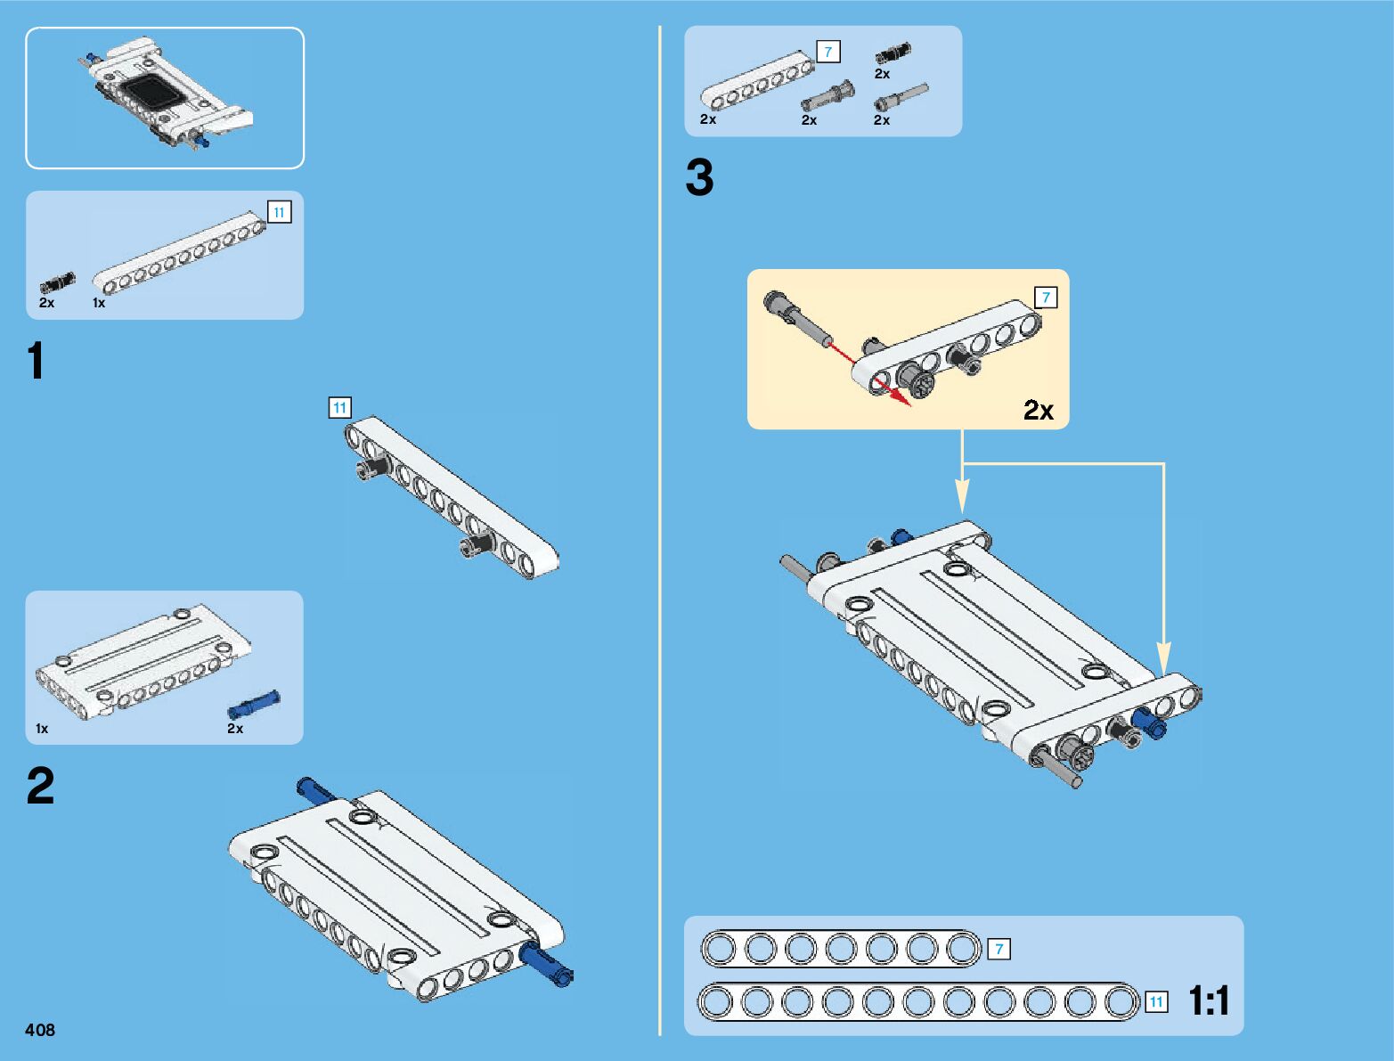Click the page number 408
click(x=40, y=1030)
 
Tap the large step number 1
click(x=36, y=363)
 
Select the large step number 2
click(x=40, y=786)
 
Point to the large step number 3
click(x=699, y=177)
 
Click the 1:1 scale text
click(x=1209, y=1001)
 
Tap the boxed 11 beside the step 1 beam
click(x=339, y=408)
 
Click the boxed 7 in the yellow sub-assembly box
click(x=1046, y=298)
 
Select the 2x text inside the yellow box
click(x=1038, y=410)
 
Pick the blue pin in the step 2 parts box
click(x=254, y=705)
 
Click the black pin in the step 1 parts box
click(x=58, y=283)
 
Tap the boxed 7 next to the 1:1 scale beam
click(x=999, y=950)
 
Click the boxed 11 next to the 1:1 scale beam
click(x=1156, y=1002)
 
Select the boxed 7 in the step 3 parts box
click(x=828, y=53)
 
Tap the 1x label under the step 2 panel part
click(x=42, y=729)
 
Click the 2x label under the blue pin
click(x=235, y=729)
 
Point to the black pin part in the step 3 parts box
click(x=893, y=52)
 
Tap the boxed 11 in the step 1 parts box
click(x=280, y=213)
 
